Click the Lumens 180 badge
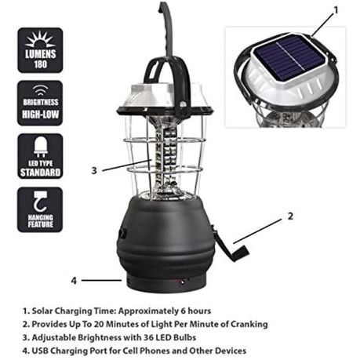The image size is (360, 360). pyautogui.click(x=40, y=50)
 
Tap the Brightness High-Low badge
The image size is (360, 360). pyautogui.click(x=40, y=104)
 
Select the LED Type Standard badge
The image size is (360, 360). pyautogui.click(x=40, y=156)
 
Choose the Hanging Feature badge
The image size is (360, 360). pyautogui.click(x=40, y=209)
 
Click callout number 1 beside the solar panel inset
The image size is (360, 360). pyautogui.click(x=336, y=10)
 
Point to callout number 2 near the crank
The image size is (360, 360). pyautogui.click(x=290, y=216)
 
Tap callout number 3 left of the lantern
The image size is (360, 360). pyautogui.click(x=94, y=171)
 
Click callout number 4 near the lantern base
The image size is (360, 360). pyautogui.click(x=74, y=281)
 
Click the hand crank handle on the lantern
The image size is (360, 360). pyautogui.click(x=231, y=245)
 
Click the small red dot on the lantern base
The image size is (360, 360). pyautogui.click(x=182, y=282)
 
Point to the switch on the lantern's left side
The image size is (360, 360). pyautogui.click(x=123, y=232)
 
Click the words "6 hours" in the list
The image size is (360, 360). pyautogui.click(x=196, y=311)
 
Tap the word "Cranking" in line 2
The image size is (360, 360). pyautogui.click(x=249, y=325)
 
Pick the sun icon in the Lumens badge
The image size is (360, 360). pyautogui.click(x=40, y=39)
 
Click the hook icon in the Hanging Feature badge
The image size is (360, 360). pyautogui.click(x=41, y=201)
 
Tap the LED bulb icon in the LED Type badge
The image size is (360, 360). pyautogui.click(x=41, y=147)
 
